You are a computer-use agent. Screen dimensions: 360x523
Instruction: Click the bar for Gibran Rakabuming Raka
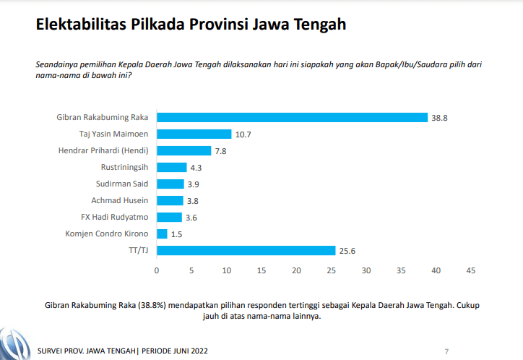coord(292,117)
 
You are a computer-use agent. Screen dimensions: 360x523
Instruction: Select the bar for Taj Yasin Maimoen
coord(194,134)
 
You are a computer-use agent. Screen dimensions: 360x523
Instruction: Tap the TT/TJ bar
coord(246,250)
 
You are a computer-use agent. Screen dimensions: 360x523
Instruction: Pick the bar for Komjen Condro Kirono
coord(162,233)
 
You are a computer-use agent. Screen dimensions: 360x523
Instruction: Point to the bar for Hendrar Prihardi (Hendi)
coord(183,150)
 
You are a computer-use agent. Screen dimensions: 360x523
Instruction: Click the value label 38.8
coord(440,117)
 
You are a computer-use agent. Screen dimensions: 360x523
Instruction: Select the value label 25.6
coord(348,250)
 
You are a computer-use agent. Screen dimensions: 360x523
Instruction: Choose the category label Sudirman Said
coord(122,184)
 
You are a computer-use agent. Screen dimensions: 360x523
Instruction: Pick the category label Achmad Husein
coord(120,200)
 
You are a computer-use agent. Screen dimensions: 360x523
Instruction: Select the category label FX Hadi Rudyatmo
coord(115,217)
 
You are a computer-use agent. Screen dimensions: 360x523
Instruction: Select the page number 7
coord(446,351)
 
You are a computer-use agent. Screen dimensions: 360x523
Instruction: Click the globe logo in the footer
coord(13,346)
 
